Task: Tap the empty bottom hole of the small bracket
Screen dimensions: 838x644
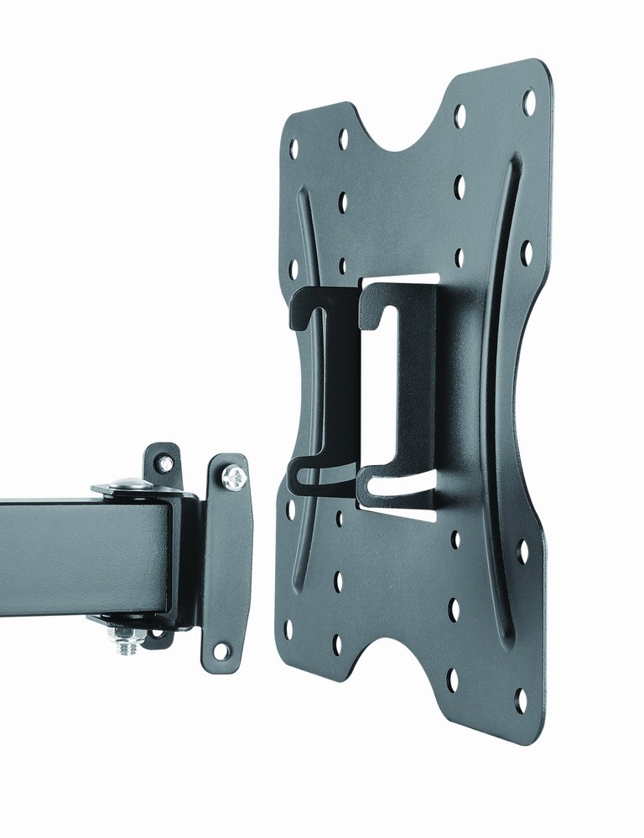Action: (x=221, y=649)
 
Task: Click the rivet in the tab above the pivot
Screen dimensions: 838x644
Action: (x=166, y=463)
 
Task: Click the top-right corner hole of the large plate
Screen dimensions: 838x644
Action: (x=529, y=102)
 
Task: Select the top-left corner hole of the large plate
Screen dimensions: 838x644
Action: (x=294, y=148)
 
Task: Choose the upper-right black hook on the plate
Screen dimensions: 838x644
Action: (x=382, y=306)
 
